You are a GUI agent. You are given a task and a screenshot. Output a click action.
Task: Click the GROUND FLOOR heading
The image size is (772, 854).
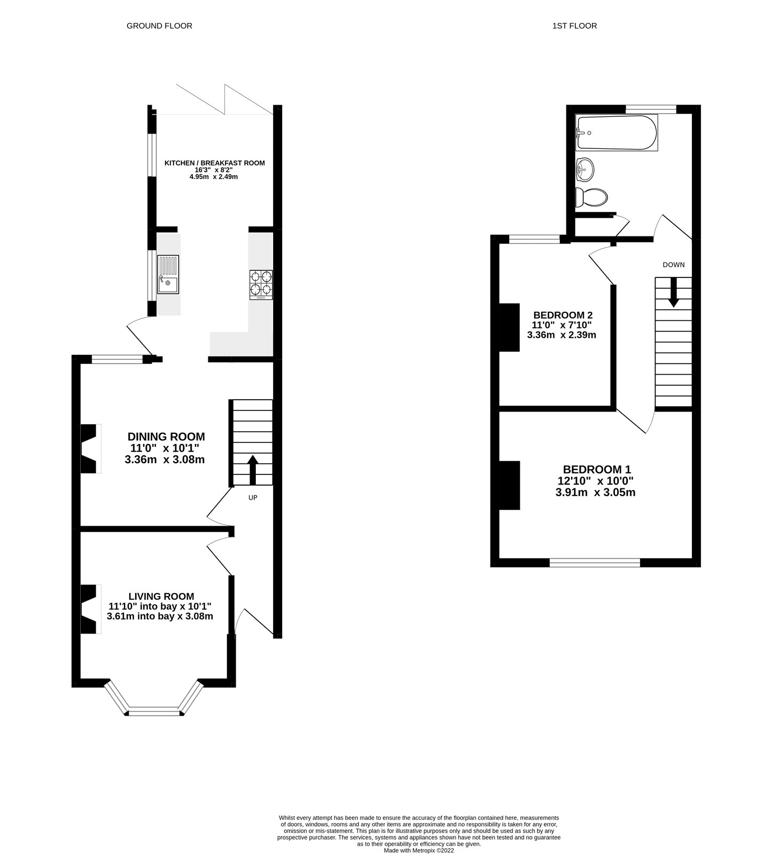point(159,26)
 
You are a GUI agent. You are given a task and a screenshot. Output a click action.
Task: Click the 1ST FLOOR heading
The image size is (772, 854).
point(574,26)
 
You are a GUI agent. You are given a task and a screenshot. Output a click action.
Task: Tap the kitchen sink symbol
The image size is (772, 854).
point(168,274)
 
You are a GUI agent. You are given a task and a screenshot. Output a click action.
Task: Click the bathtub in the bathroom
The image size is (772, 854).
point(616,132)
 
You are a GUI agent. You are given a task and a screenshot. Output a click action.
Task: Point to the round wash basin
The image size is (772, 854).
point(584,170)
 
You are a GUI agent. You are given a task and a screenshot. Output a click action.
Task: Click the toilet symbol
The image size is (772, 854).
point(591,197)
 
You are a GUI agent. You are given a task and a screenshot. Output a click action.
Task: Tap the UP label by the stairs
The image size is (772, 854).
point(253,497)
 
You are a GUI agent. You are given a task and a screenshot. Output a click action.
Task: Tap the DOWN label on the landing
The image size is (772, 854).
point(673,265)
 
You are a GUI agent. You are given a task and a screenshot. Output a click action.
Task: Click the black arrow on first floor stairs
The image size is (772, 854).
point(673,292)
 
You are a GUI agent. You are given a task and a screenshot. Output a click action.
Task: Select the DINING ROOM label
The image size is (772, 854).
point(166,437)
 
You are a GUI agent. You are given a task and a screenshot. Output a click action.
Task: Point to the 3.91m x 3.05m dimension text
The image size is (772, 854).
point(595,492)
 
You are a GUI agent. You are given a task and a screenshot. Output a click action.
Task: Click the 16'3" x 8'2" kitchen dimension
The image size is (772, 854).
point(214,170)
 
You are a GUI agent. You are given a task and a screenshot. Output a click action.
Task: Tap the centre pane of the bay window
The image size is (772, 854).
point(155,711)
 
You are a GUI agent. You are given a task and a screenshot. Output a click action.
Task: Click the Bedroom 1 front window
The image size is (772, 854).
point(595,562)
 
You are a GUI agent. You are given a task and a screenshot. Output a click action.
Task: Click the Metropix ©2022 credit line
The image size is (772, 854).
point(419,850)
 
